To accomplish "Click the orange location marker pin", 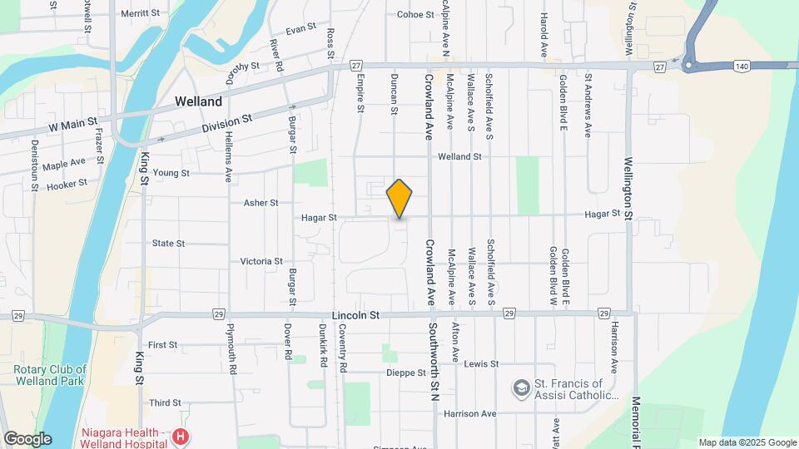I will coord(399,199).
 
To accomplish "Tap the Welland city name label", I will coord(198,101).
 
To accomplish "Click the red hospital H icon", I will coord(181,436).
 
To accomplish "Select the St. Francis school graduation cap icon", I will coord(520,388).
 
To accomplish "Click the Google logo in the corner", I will coord(27,438).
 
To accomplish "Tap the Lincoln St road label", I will coord(355,316).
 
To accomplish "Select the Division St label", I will coord(226,126).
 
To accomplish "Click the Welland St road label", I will coord(459,156).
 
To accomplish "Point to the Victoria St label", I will coord(261,261).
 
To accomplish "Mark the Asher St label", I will coord(261,202).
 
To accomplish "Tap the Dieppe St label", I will coord(406,373).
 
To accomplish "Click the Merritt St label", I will coord(140,13).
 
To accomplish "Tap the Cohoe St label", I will coord(411,14).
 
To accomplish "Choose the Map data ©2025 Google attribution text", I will coord(747,442).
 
